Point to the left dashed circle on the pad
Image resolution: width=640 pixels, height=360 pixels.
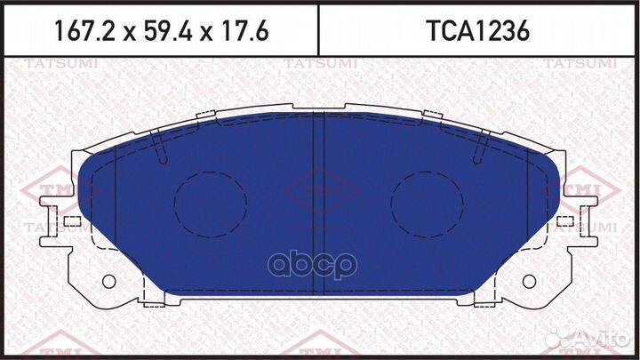tap(211, 203)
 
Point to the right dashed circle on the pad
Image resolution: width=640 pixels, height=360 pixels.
tap(428, 203)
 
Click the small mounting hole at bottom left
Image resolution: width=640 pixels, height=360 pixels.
tap(109, 282)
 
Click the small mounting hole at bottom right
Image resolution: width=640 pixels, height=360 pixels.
tap(530, 282)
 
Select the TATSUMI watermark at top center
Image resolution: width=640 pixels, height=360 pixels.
tap(319, 63)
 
